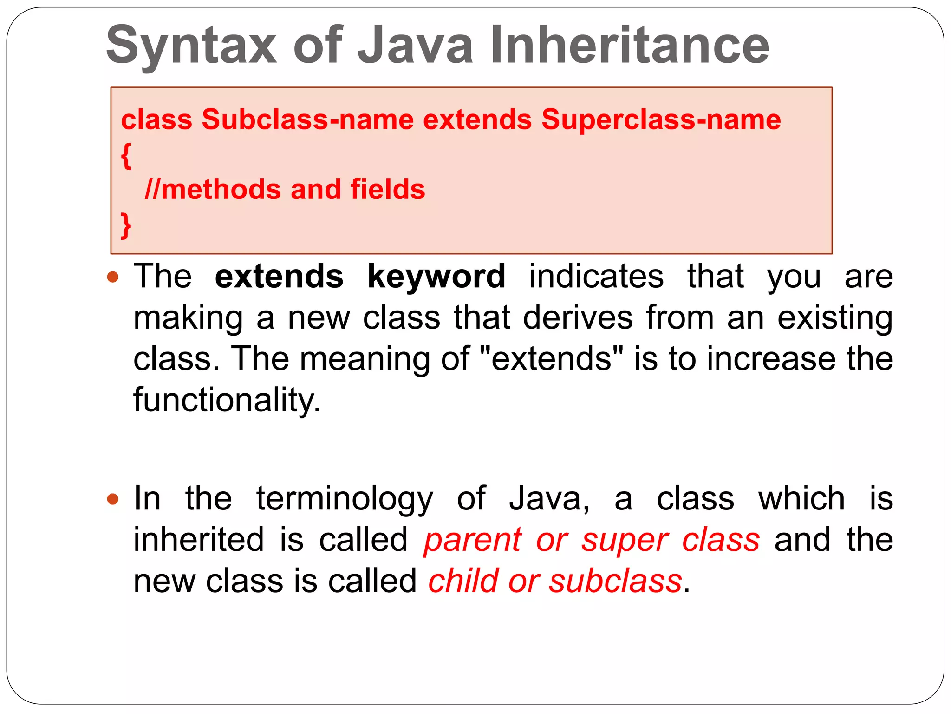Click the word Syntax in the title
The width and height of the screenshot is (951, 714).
pos(191,46)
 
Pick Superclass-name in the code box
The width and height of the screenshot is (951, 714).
pos(661,119)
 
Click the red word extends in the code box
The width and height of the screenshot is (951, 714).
pos(477,119)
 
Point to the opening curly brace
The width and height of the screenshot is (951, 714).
pos(126,156)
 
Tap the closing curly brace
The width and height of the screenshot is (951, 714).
pos(126,225)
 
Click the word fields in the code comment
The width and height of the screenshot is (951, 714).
pos(388,189)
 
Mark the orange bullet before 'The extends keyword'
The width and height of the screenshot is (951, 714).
pos(113,278)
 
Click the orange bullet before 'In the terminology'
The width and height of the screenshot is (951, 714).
pos(113,499)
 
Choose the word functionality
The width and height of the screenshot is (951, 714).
pos(227,400)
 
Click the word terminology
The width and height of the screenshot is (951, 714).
pos(345,498)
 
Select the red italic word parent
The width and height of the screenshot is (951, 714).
pos(473,540)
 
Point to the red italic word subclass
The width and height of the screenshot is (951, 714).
pos(615,581)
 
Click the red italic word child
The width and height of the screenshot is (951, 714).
pos(463,581)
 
